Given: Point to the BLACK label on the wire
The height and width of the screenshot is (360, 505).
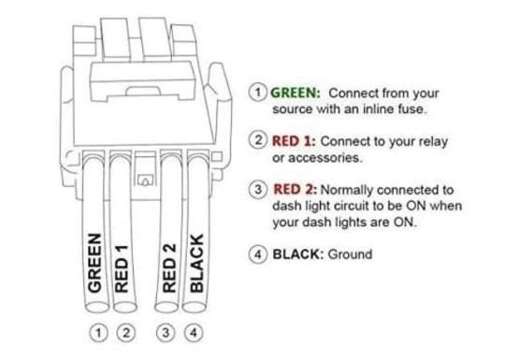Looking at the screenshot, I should [196, 263].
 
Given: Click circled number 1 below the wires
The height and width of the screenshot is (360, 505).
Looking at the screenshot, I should [96, 331].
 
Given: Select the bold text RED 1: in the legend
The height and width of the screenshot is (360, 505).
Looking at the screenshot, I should [295, 140].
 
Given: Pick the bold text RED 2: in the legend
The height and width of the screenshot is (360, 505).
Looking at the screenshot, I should [295, 190].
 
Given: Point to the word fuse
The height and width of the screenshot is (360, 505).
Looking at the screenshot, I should [412, 110].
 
